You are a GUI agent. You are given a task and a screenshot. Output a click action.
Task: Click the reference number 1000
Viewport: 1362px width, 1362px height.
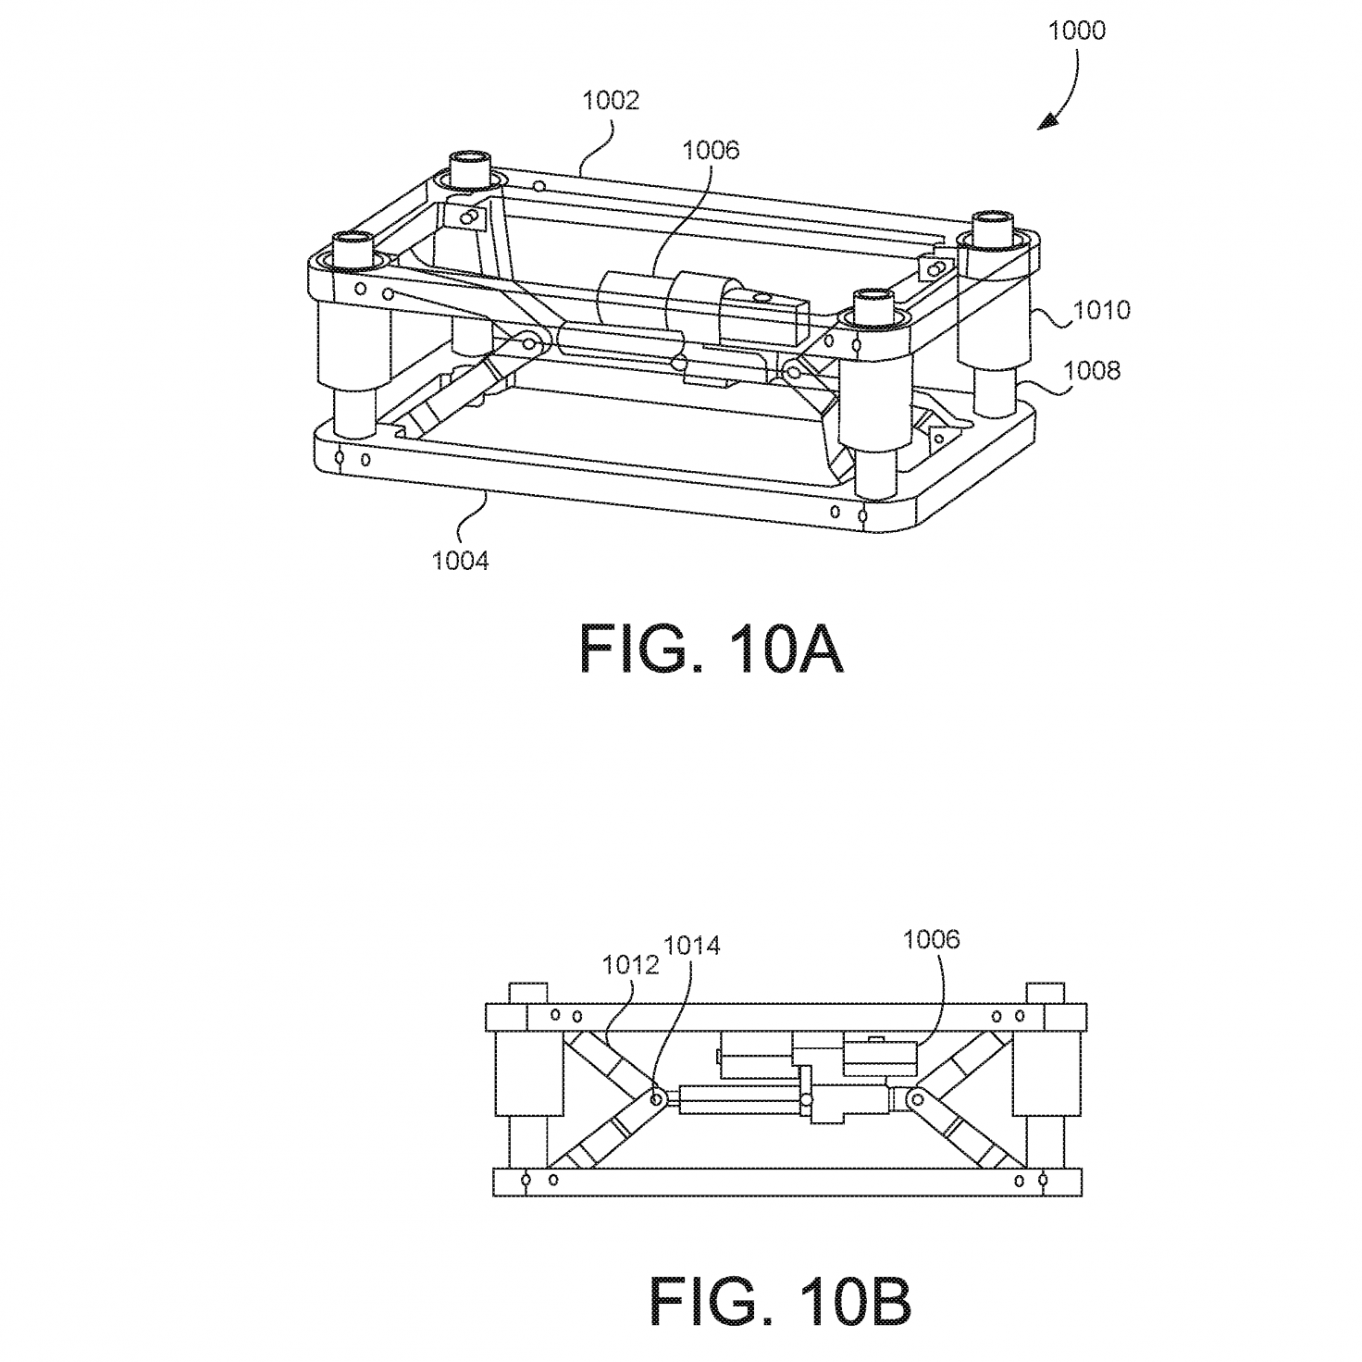coord(1076,31)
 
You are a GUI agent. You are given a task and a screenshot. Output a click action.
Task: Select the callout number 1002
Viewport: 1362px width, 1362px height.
coord(611,100)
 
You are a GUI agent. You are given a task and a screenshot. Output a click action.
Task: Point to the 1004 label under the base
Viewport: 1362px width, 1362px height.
coord(460,562)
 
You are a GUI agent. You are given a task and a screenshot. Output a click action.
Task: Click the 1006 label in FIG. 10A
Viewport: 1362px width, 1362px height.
coord(711,151)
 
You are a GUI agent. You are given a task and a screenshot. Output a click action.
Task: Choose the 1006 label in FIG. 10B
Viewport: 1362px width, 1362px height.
coord(931,940)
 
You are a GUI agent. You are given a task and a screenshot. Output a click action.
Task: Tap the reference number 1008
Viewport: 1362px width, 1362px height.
coord(1092,370)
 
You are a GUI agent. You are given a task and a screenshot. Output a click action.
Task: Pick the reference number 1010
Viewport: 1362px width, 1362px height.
coord(1102,310)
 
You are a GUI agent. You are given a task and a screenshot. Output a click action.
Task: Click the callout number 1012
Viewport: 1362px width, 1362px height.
coord(630,965)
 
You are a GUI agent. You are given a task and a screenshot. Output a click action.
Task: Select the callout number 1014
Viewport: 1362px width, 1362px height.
coord(691,946)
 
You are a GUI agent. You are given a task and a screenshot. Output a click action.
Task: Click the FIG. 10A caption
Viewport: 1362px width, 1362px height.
coord(711,650)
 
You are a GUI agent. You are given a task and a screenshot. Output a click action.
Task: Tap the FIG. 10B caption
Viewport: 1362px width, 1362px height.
coord(780,1301)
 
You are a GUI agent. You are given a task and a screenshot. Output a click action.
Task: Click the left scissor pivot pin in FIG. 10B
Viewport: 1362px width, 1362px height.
coord(656,1098)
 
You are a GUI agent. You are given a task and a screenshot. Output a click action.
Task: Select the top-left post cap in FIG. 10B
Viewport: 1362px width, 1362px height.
coord(528,992)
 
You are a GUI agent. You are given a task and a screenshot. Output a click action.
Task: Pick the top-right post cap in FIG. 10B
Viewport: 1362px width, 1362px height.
coord(1046,992)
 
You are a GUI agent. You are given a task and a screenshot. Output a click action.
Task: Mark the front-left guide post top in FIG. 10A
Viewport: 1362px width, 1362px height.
coord(352,250)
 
